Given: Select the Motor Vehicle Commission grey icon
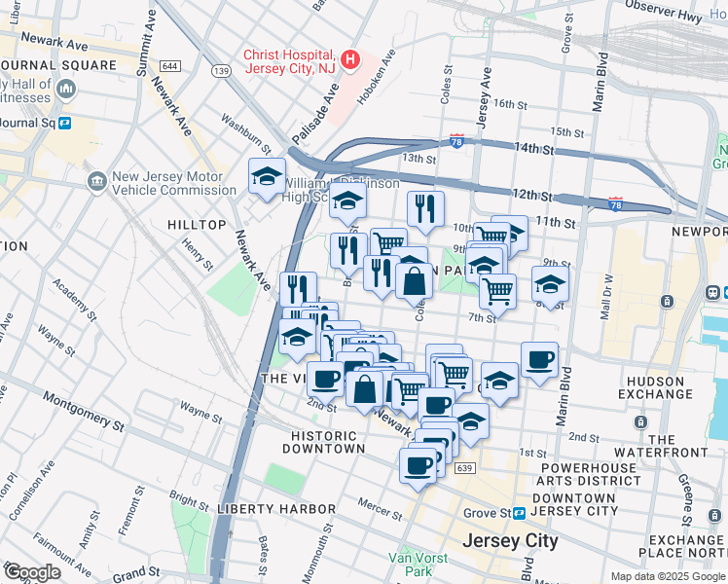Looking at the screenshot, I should coord(96,181).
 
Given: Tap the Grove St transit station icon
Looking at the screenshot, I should coord(520,512).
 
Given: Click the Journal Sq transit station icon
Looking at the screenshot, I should coord(65,123).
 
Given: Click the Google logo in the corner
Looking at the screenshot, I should coord(31,572).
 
